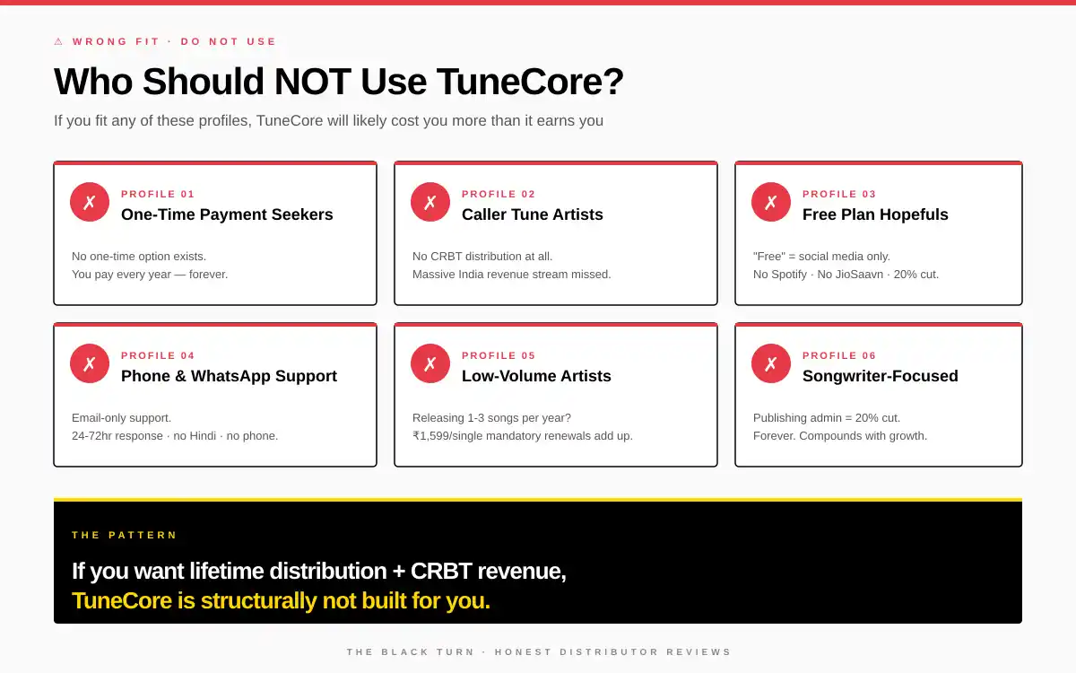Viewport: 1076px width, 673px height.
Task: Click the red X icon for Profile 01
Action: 90,202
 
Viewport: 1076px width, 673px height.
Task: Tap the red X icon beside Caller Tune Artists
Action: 430,202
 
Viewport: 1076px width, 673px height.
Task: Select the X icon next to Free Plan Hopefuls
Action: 771,202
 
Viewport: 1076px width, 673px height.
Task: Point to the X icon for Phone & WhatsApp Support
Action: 90,363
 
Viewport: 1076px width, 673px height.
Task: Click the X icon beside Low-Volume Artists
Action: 430,363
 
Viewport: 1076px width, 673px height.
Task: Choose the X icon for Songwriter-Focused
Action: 771,363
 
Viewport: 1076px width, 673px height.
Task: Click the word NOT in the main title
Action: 314,82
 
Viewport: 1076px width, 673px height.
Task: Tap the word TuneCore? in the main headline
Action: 530,82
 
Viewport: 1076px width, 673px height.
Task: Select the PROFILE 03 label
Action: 839,194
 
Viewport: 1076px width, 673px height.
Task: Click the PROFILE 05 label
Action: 499,355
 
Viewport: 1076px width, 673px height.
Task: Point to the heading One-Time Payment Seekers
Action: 227,214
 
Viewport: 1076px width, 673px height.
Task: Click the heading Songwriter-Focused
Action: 880,376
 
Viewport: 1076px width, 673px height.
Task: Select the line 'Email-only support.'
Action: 121,418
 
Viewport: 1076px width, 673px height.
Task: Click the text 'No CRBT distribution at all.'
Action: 482,257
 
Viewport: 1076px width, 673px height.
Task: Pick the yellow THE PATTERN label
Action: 125,535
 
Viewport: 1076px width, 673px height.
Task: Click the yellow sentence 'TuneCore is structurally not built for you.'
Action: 281,600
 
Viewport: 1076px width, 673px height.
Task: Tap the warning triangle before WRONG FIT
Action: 58,41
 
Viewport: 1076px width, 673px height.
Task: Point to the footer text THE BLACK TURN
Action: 411,652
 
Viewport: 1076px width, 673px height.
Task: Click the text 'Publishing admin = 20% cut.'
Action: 826,418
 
